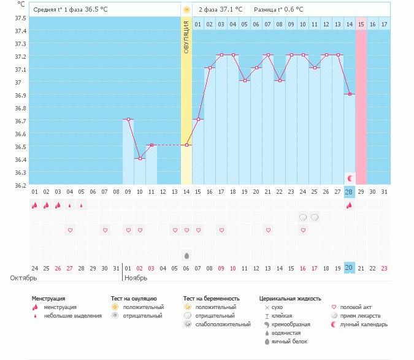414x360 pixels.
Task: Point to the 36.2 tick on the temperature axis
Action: [x=21, y=185]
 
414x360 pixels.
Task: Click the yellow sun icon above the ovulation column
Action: [x=186, y=10]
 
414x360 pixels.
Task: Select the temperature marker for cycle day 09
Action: [x=128, y=120]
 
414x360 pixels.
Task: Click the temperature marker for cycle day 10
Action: [x=140, y=158]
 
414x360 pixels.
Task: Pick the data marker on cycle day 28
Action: [x=350, y=94]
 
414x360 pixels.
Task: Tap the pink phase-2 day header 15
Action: [x=361, y=24]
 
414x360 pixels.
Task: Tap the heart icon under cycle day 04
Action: [x=70, y=230]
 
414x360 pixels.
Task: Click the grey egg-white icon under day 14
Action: [x=186, y=255]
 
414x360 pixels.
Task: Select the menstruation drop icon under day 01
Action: [x=35, y=205]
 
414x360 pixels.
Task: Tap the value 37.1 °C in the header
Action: [x=231, y=10]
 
